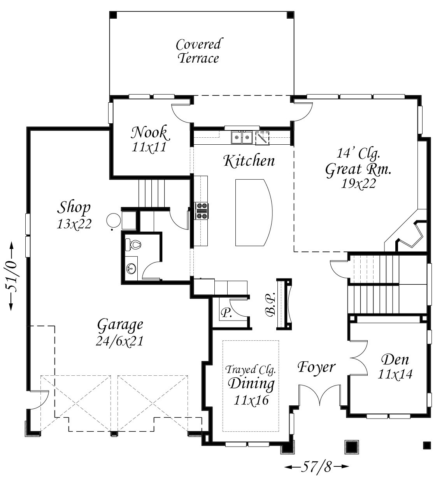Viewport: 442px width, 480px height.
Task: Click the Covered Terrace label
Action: (x=198, y=51)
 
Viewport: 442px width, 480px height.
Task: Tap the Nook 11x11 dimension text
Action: (x=149, y=147)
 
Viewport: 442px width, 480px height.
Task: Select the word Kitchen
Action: (x=249, y=161)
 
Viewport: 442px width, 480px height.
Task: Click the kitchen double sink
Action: (x=242, y=137)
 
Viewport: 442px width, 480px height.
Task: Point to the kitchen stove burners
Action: (x=201, y=211)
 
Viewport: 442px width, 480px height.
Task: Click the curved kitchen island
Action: (x=254, y=212)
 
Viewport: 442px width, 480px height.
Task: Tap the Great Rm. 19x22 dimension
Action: (x=358, y=184)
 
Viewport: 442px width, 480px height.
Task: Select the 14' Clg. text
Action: (x=358, y=153)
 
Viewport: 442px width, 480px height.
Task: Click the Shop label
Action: (x=74, y=207)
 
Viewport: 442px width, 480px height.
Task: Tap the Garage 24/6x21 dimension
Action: (x=120, y=341)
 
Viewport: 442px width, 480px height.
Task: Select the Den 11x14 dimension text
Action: (x=395, y=374)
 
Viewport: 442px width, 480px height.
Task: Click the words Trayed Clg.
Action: (x=251, y=370)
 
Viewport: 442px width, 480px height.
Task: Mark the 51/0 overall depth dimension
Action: (x=12, y=276)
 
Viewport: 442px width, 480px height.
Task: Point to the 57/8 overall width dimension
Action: (x=317, y=467)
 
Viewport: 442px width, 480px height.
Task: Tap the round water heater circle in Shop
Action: (x=114, y=221)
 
